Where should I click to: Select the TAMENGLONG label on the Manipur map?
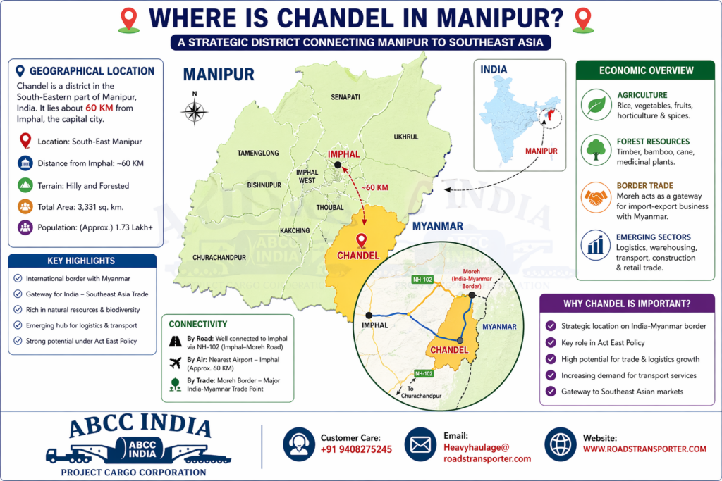coord(258,153)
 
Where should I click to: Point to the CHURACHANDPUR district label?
coord(219,258)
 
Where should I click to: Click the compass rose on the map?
coord(193,111)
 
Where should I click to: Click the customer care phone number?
coord(355,449)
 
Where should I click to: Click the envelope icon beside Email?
coord(421,444)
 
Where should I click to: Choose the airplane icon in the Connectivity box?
coord(175,363)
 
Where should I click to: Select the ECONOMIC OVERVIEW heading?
coord(646,70)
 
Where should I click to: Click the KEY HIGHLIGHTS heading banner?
coord(81,261)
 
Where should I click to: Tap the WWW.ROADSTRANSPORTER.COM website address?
coord(644,449)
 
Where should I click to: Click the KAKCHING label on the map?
coord(294,230)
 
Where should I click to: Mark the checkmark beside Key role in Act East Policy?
coord(551,342)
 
